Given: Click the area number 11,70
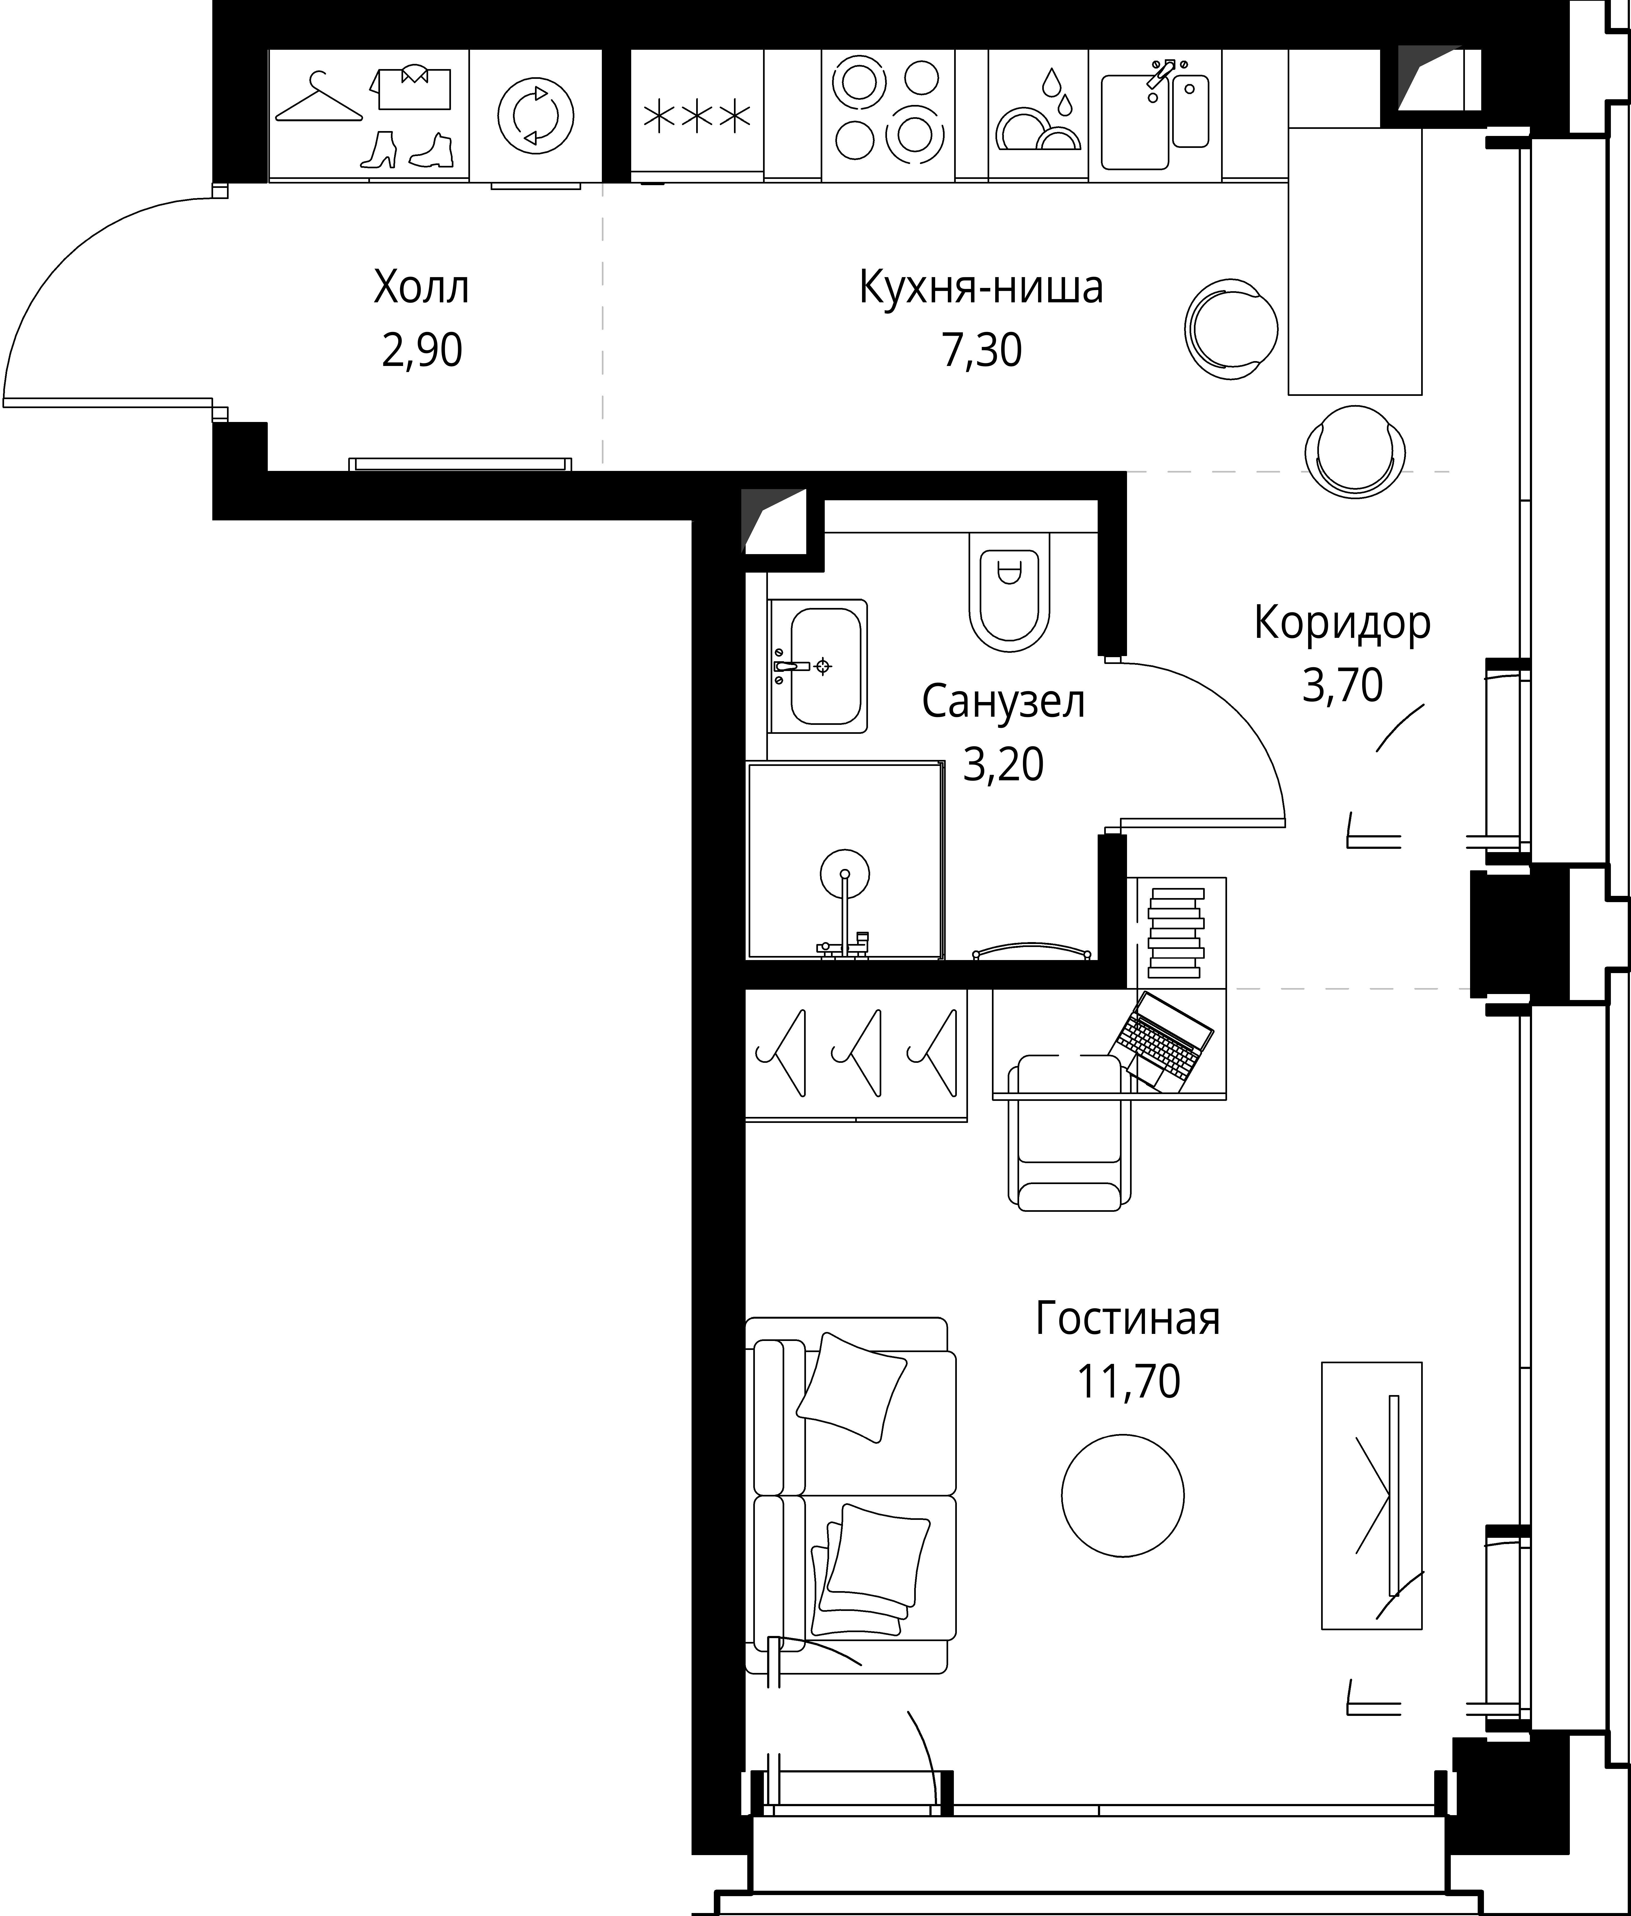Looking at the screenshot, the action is (1128, 1381).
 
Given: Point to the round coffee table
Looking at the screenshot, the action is (1122, 1495).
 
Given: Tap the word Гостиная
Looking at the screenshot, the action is (1128, 1319).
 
